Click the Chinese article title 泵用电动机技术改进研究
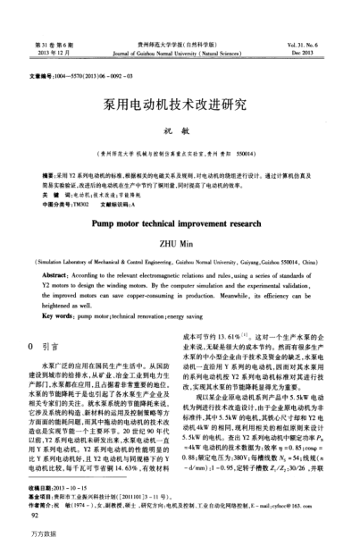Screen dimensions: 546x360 (180, 104)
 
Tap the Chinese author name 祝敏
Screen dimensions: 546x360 (180, 131)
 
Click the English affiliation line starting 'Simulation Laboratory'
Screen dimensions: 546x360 (180, 263)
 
